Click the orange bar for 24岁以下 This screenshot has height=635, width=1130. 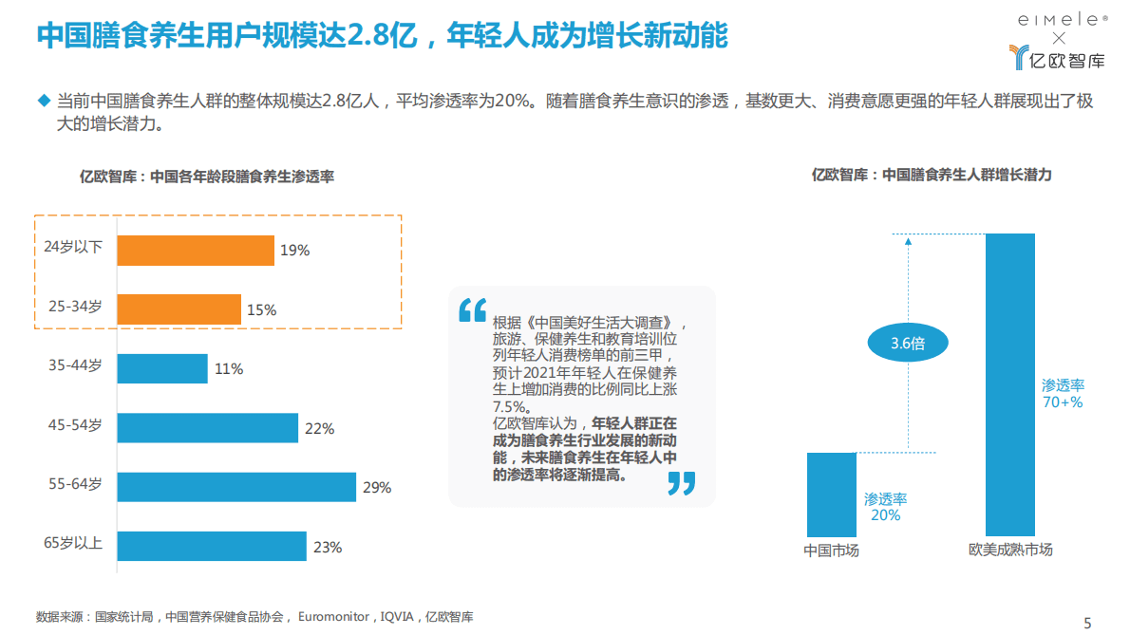pyautogui.click(x=196, y=251)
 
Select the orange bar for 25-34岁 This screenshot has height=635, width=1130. pyautogui.click(x=179, y=309)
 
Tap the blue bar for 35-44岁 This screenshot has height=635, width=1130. pyautogui.click(x=162, y=368)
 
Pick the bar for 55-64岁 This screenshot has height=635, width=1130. pyautogui.click(x=236, y=487)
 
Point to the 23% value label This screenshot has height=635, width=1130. pyautogui.click(x=327, y=547)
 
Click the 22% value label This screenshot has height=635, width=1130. pyautogui.click(x=319, y=428)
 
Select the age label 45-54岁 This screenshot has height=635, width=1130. pyautogui.click(x=75, y=425)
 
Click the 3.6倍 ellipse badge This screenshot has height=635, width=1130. pyautogui.click(x=908, y=344)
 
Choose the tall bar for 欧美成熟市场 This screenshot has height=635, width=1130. pyautogui.click(x=1010, y=384)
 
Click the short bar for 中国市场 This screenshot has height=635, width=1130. pyautogui.click(x=831, y=495)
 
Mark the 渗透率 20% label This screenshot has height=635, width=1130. pyautogui.click(x=885, y=507)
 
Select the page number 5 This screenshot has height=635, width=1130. pyautogui.click(x=1088, y=623)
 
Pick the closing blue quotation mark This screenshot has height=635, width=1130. pyautogui.click(x=681, y=483)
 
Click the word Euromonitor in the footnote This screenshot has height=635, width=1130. pyautogui.click(x=333, y=617)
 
